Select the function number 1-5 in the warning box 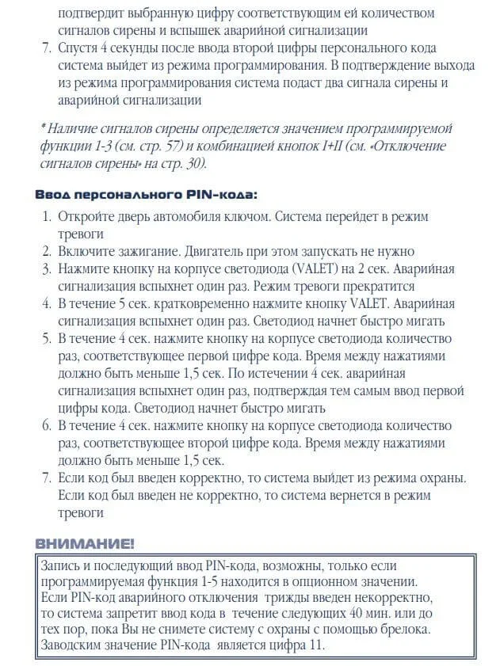[239, 581]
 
